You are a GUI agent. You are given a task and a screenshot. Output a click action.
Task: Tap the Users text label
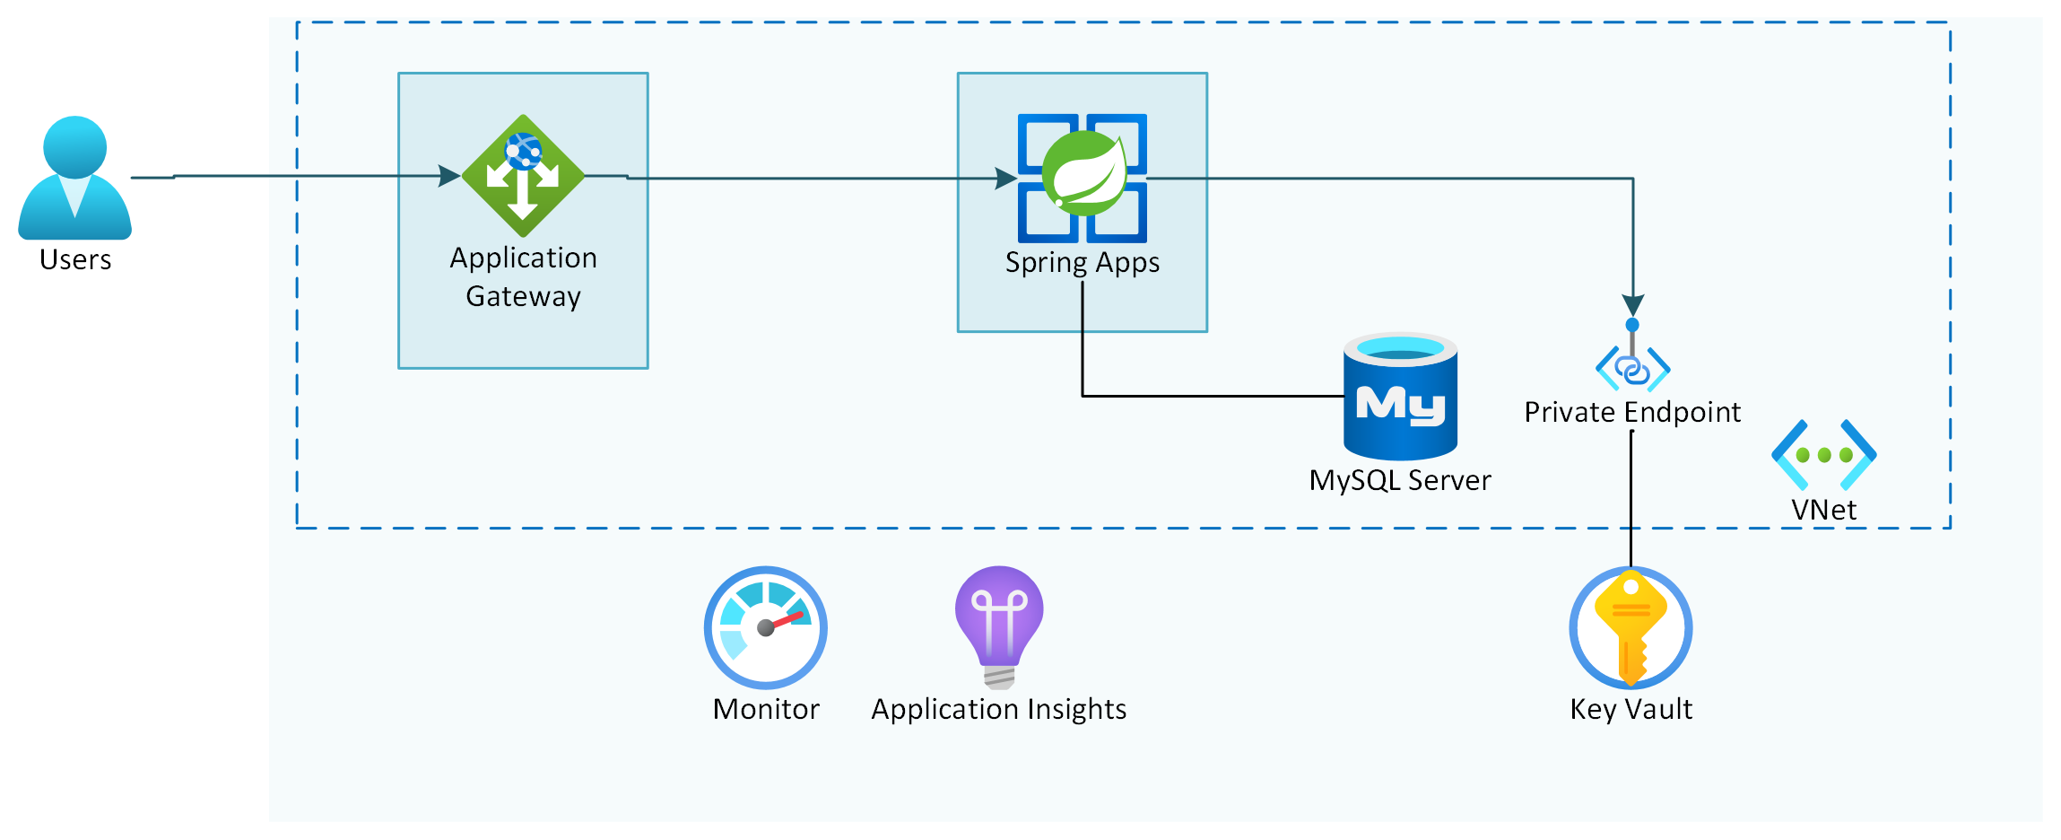pos(75,260)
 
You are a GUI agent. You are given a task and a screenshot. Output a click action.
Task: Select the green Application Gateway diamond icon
pos(523,176)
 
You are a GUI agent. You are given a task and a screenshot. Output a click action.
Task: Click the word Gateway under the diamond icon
pos(523,296)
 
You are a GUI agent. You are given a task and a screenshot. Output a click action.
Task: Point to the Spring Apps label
pos(1082,263)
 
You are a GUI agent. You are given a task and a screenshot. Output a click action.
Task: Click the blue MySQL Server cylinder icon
pos(1400,396)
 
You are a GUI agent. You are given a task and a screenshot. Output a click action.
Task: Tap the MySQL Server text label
pos(1399,481)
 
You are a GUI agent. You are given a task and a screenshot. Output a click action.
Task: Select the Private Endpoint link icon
pos(1632,366)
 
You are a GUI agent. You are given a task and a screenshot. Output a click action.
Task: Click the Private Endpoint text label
pos(1632,412)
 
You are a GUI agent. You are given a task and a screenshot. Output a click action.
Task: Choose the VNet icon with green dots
pos(1824,454)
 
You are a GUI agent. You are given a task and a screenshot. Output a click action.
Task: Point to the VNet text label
pos(1823,510)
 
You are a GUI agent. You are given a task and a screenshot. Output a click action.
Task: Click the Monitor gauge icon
pos(765,627)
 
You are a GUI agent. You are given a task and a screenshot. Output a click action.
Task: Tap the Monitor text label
pos(766,710)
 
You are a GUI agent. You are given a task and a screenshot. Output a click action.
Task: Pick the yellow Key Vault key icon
pos(1631,627)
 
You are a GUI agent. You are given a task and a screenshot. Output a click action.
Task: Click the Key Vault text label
pos(1631,710)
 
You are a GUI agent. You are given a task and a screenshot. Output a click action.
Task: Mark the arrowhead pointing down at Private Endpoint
pos(1633,305)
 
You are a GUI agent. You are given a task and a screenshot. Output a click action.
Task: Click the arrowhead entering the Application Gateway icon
pos(448,176)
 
